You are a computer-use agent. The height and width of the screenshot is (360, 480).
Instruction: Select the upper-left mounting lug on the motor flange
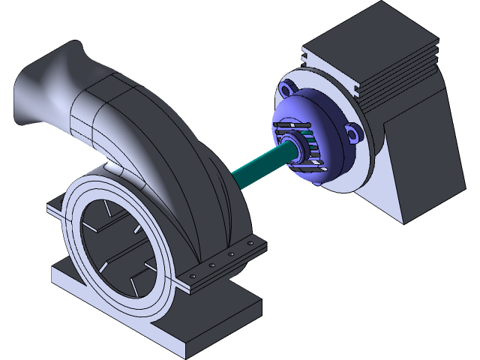click(287, 89)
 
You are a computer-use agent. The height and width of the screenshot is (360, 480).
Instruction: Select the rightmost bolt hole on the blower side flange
click(248, 251)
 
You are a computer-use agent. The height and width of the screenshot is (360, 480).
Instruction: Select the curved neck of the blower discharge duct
click(112, 112)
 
